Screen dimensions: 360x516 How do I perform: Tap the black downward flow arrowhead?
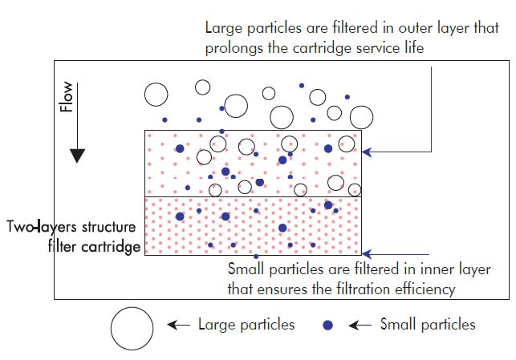[x=76, y=155]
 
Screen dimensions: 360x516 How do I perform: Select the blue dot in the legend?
[x=327, y=326]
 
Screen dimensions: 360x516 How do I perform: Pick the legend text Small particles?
[x=428, y=325]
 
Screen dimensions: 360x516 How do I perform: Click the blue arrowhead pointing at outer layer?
[x=367, y=149]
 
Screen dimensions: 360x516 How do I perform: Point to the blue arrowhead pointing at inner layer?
[x=367, y=253]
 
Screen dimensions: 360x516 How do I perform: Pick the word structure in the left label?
[x=107, y=227]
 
